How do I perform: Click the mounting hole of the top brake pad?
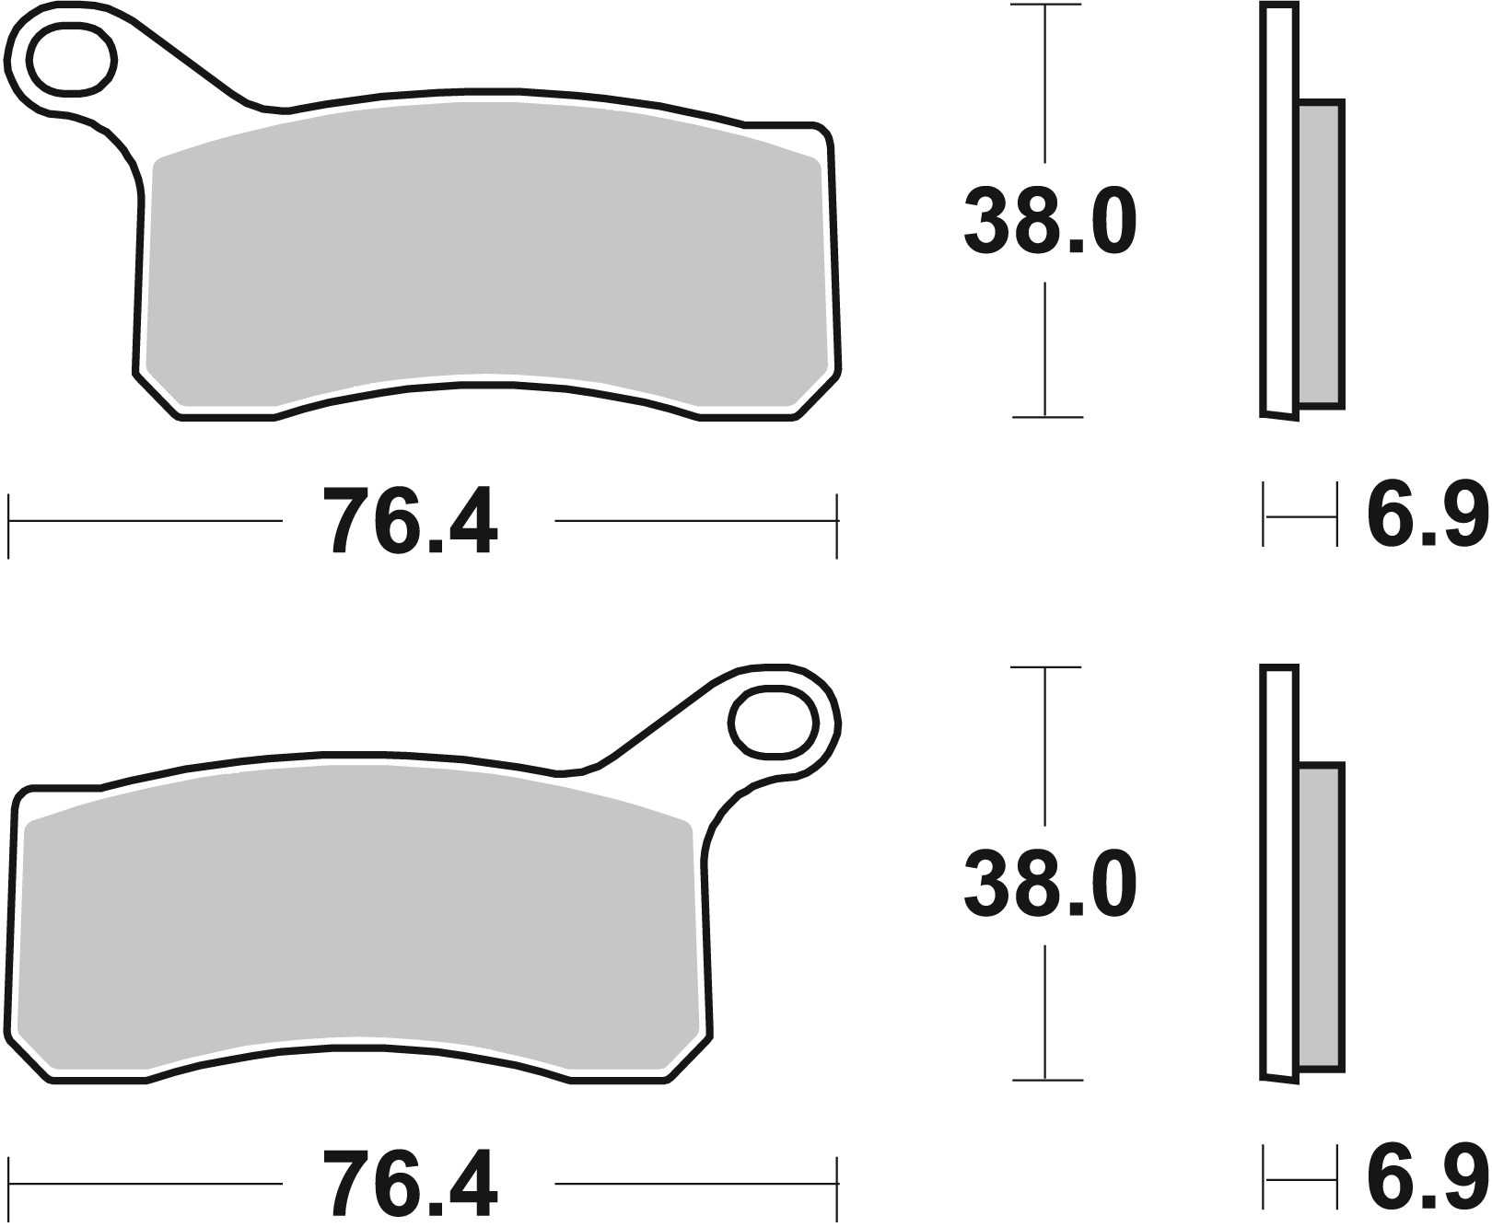(72, 62)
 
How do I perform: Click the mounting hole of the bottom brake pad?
(774, 723)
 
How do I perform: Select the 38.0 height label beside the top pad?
(1050, 223)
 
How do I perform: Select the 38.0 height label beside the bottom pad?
(1050, 886)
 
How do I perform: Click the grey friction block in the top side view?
(1320, 253)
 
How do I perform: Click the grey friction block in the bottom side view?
(1320, 916)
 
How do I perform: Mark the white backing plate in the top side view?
(1278, 212)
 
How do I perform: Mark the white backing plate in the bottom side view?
(1278, 874)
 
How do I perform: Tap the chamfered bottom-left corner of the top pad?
(157, 396)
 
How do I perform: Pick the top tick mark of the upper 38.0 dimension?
(1045, 6)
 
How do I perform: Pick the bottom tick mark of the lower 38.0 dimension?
(1046, 1080)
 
